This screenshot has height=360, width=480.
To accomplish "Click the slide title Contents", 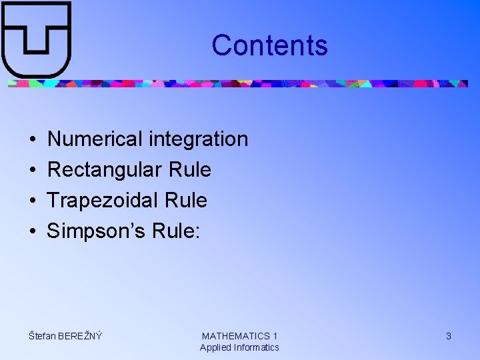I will pos(269,45).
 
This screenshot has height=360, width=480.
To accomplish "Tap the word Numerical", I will pos(95,139).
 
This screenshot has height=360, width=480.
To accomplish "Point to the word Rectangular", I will pos(105,170).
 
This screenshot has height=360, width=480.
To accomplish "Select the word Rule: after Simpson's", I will pos(176,231).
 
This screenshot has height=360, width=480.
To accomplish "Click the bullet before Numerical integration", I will pos(33,140).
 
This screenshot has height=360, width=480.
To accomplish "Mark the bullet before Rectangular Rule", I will pos(33,171).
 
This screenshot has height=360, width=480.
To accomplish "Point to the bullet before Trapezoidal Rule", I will pos(33,201).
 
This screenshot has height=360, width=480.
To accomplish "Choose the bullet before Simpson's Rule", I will pos(33,231).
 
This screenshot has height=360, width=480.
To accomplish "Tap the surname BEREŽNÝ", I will pos(80,336).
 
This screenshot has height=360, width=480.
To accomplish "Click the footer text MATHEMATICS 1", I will pos(239,336).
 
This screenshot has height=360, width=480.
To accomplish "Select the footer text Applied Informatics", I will pos(239,347).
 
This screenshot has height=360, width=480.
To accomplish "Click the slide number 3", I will pos(449,336).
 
